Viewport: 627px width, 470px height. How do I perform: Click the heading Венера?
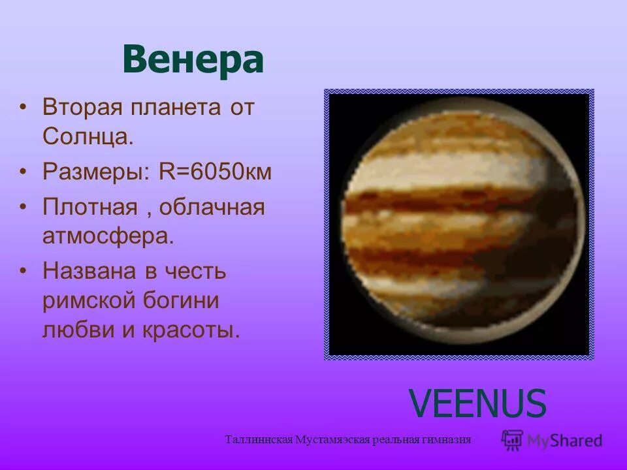click(193, 60)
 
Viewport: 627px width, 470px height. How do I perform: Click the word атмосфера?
click(108, 236)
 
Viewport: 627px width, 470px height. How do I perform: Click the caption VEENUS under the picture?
click(477, 403)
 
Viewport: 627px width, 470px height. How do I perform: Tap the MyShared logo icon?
click(513, 440)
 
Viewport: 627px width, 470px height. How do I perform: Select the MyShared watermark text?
click(564, 441)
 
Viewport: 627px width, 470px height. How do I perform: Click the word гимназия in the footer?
click(447, 439)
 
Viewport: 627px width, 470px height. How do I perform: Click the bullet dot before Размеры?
click(24, 172)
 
